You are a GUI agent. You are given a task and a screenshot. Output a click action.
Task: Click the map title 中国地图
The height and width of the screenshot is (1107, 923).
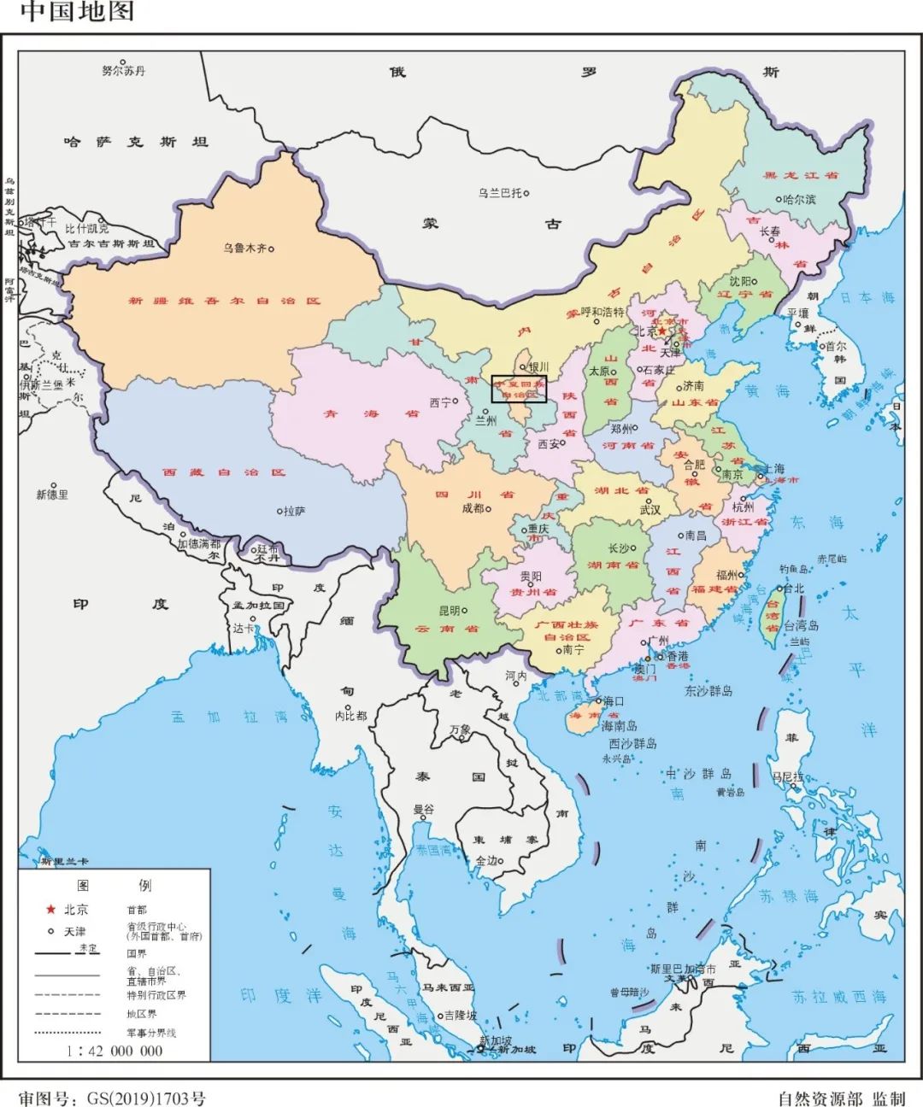(x=77, y=12)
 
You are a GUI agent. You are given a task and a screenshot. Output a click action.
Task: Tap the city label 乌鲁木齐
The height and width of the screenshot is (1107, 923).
(x=244, y=249)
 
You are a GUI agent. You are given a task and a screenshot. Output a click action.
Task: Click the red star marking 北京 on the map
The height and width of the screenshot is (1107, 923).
(x=661, y=331)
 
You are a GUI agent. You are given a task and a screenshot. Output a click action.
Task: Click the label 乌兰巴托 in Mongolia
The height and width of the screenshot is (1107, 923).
(x=500, y=193)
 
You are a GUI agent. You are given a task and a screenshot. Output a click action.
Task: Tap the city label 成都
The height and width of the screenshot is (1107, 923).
(x=473, y=508)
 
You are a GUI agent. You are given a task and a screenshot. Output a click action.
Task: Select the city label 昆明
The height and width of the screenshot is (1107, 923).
(x=450, y=611)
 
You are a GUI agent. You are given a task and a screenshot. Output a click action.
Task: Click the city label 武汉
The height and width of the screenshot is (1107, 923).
(x=650, y=509)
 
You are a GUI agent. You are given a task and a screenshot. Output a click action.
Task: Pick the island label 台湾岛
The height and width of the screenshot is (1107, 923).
(x=802, y=625)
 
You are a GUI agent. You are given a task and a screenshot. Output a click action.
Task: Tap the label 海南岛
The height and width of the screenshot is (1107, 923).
(x=619, y=725)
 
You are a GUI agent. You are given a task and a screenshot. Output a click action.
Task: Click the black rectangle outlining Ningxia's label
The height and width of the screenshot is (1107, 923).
(x=519, y=389)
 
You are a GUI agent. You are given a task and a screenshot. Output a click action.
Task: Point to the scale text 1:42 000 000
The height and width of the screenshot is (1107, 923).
(x=115, y=1051)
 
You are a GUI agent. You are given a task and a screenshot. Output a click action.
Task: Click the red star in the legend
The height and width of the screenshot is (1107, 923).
(x=50, y=910)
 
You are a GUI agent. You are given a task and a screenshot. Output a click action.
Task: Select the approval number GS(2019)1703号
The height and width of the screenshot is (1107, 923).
(x=112, y=1098)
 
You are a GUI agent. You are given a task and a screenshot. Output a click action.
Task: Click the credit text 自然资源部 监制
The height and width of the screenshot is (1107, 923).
(x=841, y=1098)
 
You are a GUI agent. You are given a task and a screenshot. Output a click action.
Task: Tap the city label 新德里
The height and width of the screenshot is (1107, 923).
(x=52, y=495)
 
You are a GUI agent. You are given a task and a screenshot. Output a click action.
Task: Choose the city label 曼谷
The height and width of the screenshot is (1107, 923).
(x=423, y=809)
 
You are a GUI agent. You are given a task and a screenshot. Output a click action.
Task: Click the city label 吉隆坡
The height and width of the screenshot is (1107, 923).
(x=461, y=1016)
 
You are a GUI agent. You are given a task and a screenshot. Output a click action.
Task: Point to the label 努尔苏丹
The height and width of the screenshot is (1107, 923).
(x=124, y=71)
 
